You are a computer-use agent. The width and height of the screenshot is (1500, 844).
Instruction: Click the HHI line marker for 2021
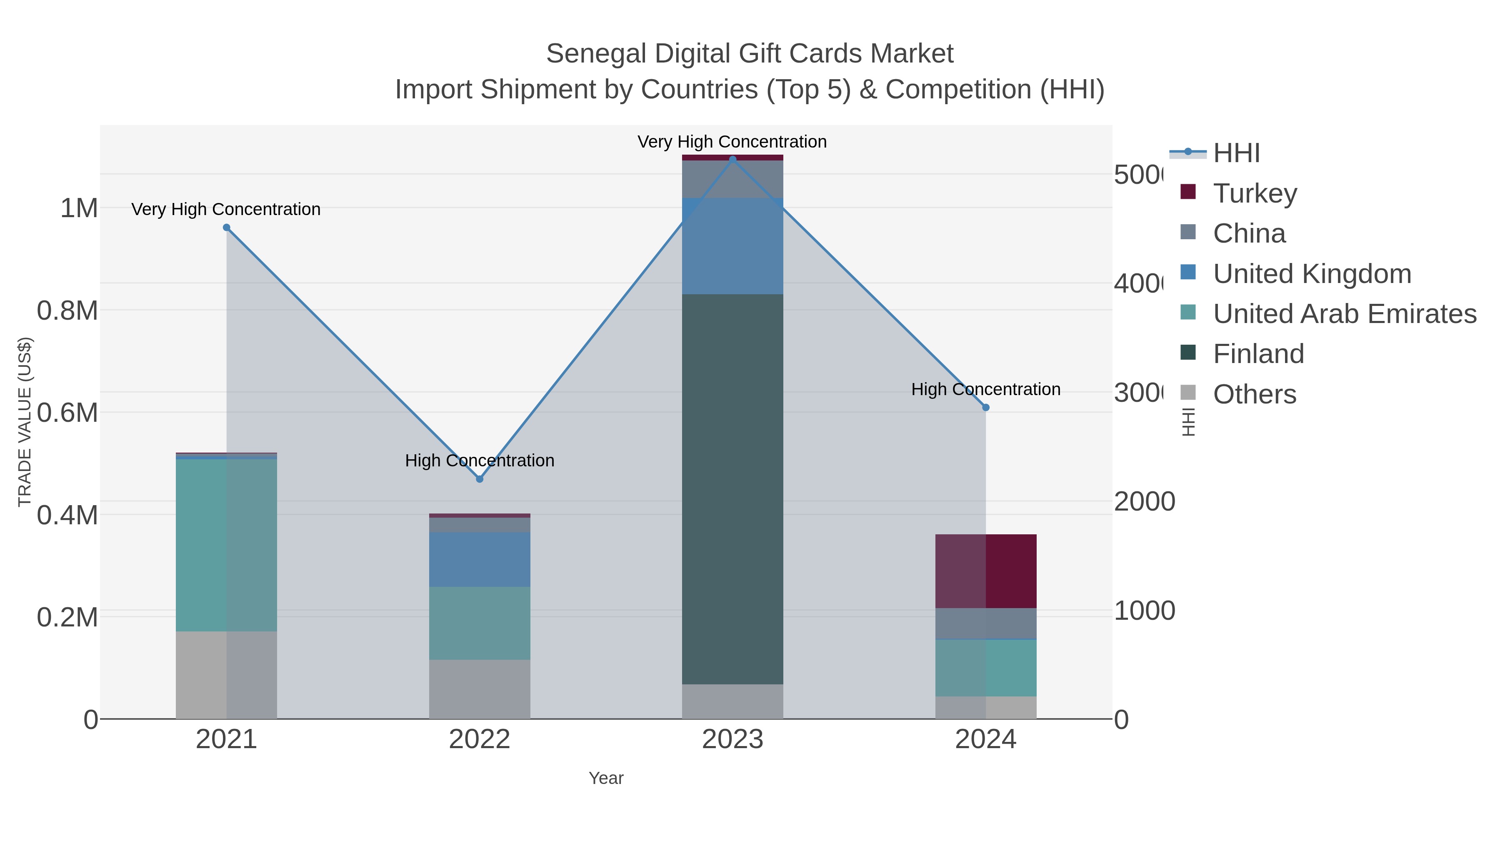pyautogui.click(x=227, y=228)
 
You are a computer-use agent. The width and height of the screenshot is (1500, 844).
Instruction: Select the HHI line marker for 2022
pyautogui.click(x=479, y=479)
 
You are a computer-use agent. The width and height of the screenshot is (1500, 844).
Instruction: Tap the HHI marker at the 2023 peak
pyautogui.click(x=732, y=159)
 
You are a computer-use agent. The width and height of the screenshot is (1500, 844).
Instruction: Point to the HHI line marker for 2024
pyautogui.click(x=985, y=408)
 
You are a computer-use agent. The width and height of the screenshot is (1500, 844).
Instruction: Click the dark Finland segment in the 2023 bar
pyautogui.click(x=732, y=489)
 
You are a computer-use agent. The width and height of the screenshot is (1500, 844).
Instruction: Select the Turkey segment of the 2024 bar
pyautogui.click(x=985, y=571)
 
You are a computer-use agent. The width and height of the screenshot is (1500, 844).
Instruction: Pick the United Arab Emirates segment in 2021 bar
pyautogui.click(x=227, y=545)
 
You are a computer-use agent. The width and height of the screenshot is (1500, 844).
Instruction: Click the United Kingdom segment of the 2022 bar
pyautogui.click(x=479, y=559)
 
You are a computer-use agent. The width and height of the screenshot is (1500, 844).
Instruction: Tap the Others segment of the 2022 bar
pyautogui.click(x=479, y=689)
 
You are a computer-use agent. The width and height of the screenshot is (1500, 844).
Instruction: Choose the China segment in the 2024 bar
pyautogui.click(x=985, y=623)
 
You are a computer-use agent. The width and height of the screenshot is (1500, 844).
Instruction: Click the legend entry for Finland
pyautogui.click(x=1258, y=353)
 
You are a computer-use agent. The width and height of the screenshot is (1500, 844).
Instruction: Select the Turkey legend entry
pyautogui.click(x=1255, y=193)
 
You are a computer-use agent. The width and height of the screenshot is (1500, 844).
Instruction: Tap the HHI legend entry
pyautogui.click(x=1236, y=153)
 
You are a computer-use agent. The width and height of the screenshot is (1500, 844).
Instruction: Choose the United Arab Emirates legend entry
pyautogui.click(x=1344, y=313)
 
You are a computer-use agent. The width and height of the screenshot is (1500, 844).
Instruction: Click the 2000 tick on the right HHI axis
pyautogui.click(x=1144, y=501)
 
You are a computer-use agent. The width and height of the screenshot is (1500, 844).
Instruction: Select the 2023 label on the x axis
pyautogui.click(x=732, y=740)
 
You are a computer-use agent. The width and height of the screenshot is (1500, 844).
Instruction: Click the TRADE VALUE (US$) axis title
pyautogui.click(x=25, y=422)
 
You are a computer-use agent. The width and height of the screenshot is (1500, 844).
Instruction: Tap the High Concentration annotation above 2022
pyautogui.click(x=479, y=460)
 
